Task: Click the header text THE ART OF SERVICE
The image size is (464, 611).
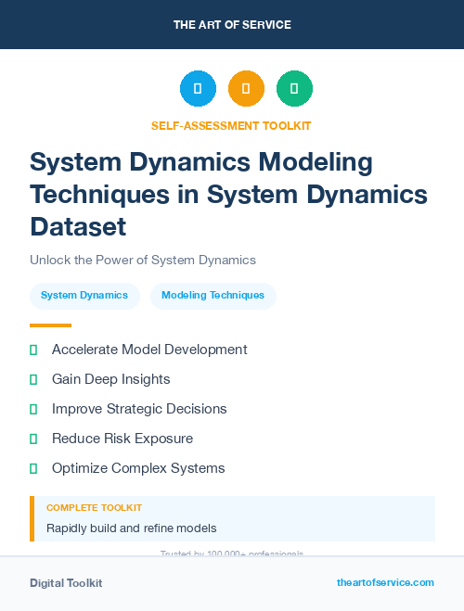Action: click(x=232, y=25)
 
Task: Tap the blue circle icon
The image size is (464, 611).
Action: click(x=198, y=89)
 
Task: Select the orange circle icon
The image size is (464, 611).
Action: click(x=246, y=89)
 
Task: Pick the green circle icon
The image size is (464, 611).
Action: click(x=294, y=89)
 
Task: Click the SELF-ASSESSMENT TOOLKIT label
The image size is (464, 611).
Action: click(x=232, y=125)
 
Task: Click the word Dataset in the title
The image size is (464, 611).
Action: click(x=78, y=225)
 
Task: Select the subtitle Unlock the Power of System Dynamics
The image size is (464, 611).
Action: click(x=143, y=260)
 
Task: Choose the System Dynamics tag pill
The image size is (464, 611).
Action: click(x=84, y=296)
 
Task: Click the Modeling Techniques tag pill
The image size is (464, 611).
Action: click(x=213, y=296)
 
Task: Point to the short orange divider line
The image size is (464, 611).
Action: click(x=50, y=325)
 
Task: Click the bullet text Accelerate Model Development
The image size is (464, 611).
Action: click(x=149, y=350)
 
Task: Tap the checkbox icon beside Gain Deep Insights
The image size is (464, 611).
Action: click(x=33, y=379)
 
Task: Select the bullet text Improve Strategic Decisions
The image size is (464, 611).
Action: click(x=139, y=409)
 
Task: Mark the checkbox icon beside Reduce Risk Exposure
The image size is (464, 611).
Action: click(x=33, y=439)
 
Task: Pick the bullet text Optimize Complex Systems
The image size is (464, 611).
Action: click(x=138, y=468)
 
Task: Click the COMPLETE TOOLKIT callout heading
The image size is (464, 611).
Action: click(x=94, y=508)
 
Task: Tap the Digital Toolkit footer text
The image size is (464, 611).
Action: click(x=66, y=583)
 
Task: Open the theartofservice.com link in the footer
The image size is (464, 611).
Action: click(x=385, y=582)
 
